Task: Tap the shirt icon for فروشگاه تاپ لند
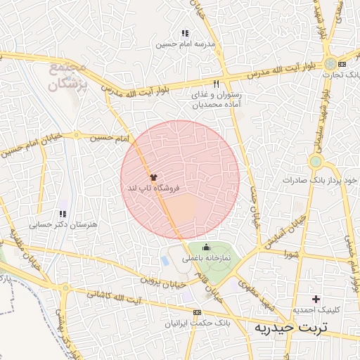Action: pos(153,176)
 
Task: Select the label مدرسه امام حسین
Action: pos(184,44)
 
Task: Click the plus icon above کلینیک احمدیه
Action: pos(316,299)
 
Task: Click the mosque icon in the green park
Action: pos(206,247)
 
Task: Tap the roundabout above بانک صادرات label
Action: pos(316,162)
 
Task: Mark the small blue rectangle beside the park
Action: pos(165,261)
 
